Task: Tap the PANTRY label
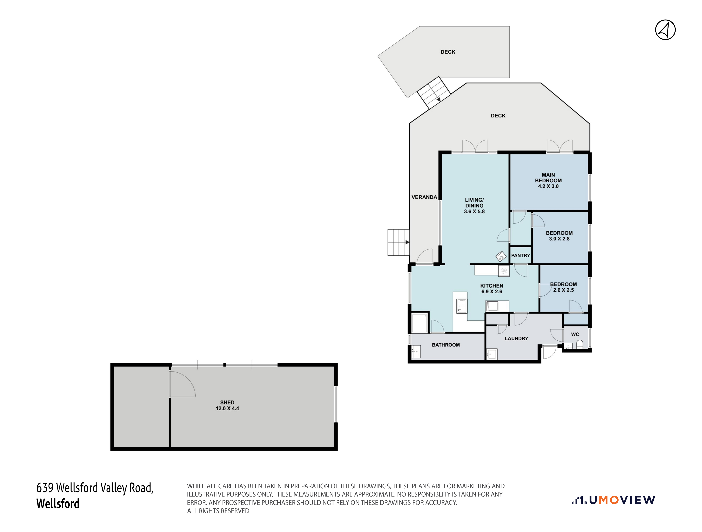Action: (x=520, y=255)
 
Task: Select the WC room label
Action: (x=575, y=334)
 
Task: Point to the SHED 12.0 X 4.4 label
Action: (x=227, y=405)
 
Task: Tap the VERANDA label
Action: (x=424, y=197)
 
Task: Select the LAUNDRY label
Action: (x=516, y=339)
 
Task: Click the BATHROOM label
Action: (x=446, y=345)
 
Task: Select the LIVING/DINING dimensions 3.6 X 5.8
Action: (x=474, y=212)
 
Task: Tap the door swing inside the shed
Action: (x=182, y=384)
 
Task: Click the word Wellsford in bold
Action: (x=58, y=504)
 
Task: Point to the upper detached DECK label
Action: (x=448, y=52)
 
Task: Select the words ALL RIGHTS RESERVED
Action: (x=218, y=511)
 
